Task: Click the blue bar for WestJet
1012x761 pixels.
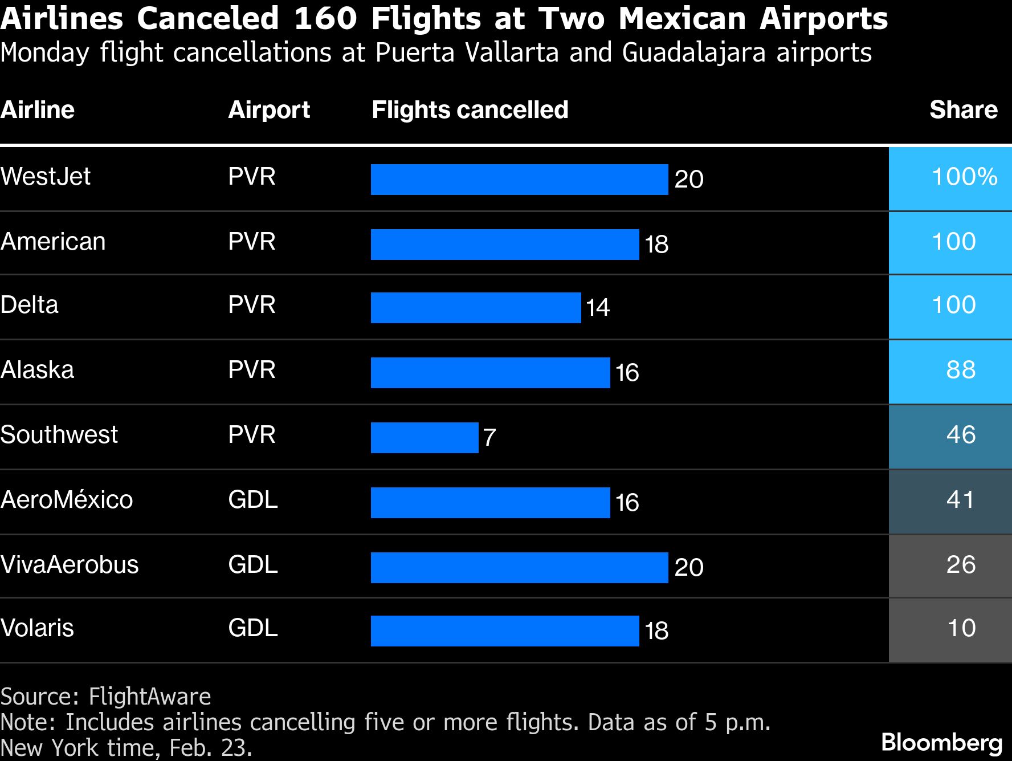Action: [519, 180]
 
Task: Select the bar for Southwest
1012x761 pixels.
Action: [425, 438]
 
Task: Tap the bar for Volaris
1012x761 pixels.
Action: [505, 631]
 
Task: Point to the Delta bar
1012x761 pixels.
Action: [476, 308]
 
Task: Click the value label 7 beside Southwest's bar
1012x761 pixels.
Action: [489, 438]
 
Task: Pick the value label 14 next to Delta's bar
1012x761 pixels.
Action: [598, 308]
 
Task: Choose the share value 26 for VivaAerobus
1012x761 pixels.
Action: [961, 565]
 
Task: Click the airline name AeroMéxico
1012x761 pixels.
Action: [67, 500]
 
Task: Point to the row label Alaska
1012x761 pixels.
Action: [37, 371]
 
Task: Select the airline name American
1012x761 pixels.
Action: [53, 242]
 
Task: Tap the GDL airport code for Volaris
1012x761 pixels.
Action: [253, 628]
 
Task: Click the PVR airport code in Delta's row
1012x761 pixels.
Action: [251, 305]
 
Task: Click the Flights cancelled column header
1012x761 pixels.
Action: [470, 109]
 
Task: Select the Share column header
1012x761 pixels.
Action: [963, 109]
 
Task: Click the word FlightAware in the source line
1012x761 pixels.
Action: [150, 697]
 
